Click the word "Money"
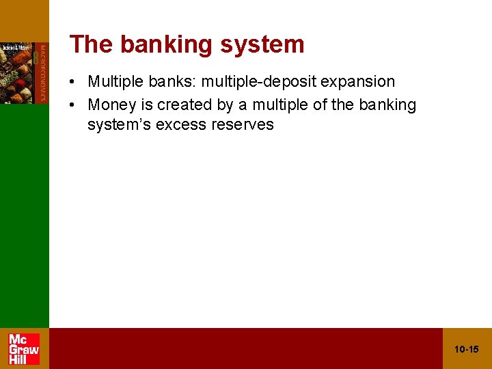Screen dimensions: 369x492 pos(111,105)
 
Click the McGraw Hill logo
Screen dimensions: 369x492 pos(24,348)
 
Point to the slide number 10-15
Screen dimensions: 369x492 pos(467,350)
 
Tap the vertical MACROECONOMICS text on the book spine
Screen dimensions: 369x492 pos(42,72)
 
